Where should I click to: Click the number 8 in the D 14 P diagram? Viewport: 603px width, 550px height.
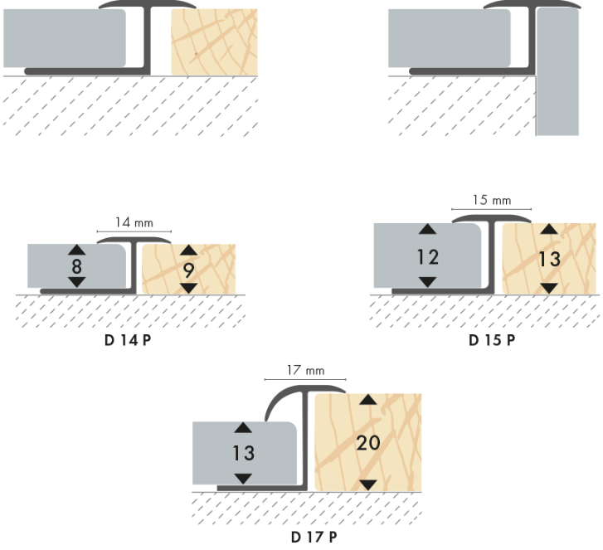pyautogui.click(x=75, y=266)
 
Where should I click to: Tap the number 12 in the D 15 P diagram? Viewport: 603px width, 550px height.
pyautogui.click(x=427, y=257)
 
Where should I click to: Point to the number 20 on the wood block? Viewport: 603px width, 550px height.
pyautogui.click(x=367, y=442)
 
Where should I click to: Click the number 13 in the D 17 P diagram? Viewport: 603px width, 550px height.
pyautogui.click(x=243, y=454)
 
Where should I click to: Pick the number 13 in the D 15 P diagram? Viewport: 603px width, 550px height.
pyautogui.click(x=549, y=259)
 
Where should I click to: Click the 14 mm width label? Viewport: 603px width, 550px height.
pyautogui.click(x=133, y=223)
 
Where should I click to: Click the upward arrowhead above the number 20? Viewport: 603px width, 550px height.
pyautogui.click(x=367, y=401)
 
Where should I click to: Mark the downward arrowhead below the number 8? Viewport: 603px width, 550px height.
pyautogui.click(x=75, y=283)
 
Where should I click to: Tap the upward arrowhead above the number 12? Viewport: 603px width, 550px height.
pyautogui.click(x=427, y=230)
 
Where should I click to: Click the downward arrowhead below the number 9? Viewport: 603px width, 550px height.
pyautogui.click(x=189, y=287)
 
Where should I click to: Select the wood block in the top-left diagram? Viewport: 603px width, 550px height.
pyautogui.click(x=213, y=41)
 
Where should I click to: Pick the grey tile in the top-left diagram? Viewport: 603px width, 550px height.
pyautogui.click(x=65, y=40)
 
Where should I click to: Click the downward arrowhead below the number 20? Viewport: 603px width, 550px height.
pyautogui.click(x=367, y=484)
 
